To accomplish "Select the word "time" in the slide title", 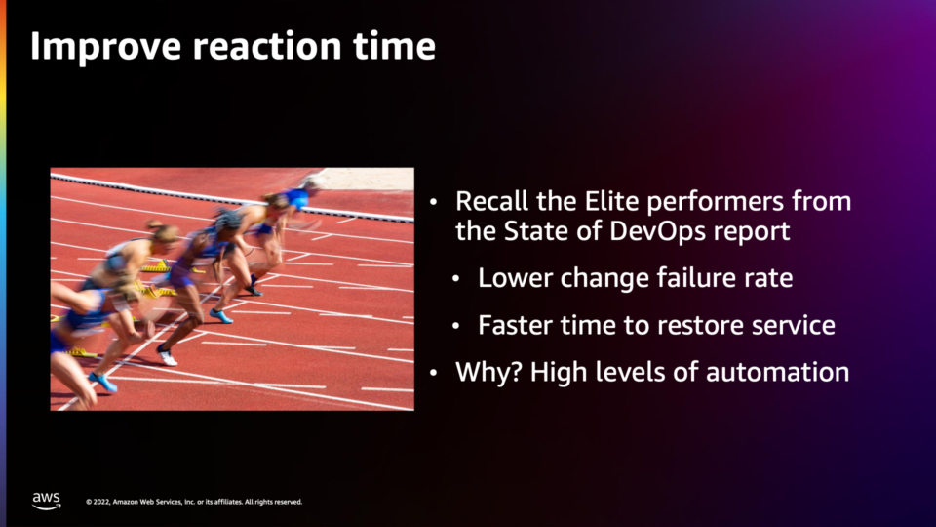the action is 394,46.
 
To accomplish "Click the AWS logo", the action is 47,501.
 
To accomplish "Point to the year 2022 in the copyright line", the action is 102,502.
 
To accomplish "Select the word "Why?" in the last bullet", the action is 488,372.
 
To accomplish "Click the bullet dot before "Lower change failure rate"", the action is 456,278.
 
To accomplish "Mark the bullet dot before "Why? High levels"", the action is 433,373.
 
